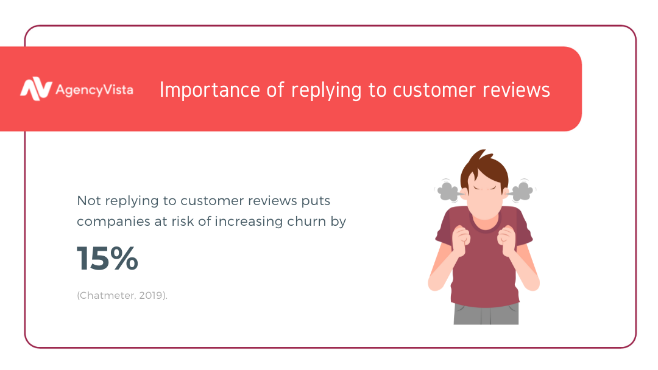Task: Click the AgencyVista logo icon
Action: [x=36, y=89]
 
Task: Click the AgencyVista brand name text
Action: [x=94, y=90]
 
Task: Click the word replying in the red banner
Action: [x=326, y=91]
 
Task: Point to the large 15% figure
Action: [x=107, y=258]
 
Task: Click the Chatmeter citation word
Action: [x=106, y=295]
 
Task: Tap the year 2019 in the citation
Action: [x=150, y=295]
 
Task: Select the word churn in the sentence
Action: [x=306, y=222]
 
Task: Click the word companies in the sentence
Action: [x=114, y=222]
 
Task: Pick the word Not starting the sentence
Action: [x=89, y=201]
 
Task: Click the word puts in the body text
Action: [x=316, y=201]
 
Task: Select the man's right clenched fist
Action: [x=462, y=240]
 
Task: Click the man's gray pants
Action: [x=486, y=313]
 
